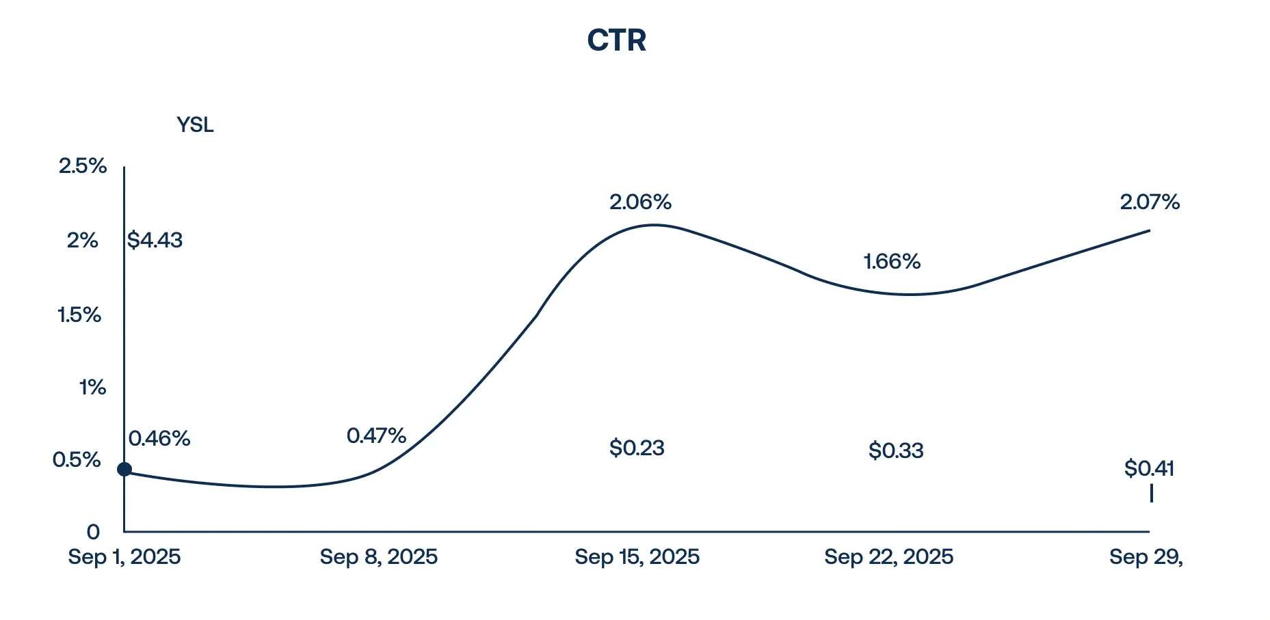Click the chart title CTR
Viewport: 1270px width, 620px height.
click(x=616, y=40)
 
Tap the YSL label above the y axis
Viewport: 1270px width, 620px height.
click(x=195, y=125)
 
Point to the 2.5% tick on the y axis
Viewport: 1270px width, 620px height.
click(x=83, y=166)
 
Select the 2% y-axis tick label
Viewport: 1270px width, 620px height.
click(x=83, y=241)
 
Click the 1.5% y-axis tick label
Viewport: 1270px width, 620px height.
click(x=79, y=315)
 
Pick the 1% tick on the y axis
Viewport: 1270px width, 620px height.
click(x=92, y=388)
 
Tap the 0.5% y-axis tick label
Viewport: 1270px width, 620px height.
click(x=77, y=460)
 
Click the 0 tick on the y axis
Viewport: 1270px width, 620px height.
click(x=93, y=532)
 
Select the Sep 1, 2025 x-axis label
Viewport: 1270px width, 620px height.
click(x=124, y=557)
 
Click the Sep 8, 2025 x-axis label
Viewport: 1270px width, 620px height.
click(x=379, y=557)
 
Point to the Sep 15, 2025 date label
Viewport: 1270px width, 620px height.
click(x=637, y=557)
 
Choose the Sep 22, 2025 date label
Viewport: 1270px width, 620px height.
click(x=889, y=557)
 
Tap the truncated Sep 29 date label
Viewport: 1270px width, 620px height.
click(x=1146, y=557)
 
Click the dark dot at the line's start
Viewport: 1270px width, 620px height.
click(x=124, y=469)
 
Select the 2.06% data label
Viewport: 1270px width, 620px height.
click(x=641, y=202)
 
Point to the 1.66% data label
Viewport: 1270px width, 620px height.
click(x=892, y=262)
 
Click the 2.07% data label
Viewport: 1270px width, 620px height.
click(x=1150, y=202)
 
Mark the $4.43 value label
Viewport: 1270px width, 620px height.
click(x=155, y=241)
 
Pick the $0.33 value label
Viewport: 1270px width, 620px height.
click(x=896, y=450)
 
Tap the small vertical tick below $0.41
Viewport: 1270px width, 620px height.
click(x=1152, y=494)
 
